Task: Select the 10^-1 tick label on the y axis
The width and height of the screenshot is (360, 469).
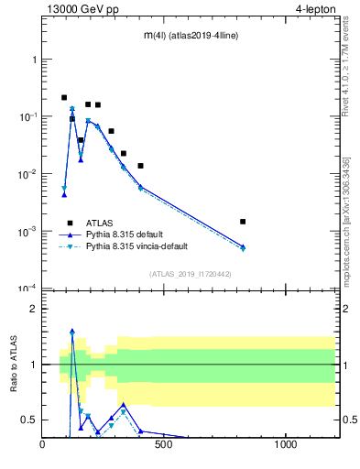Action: point(28,116)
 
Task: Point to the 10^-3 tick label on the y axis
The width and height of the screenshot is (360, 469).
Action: point(28,232)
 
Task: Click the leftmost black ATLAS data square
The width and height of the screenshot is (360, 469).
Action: point(64,97)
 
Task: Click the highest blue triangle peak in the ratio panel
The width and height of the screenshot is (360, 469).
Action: point(72,332)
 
